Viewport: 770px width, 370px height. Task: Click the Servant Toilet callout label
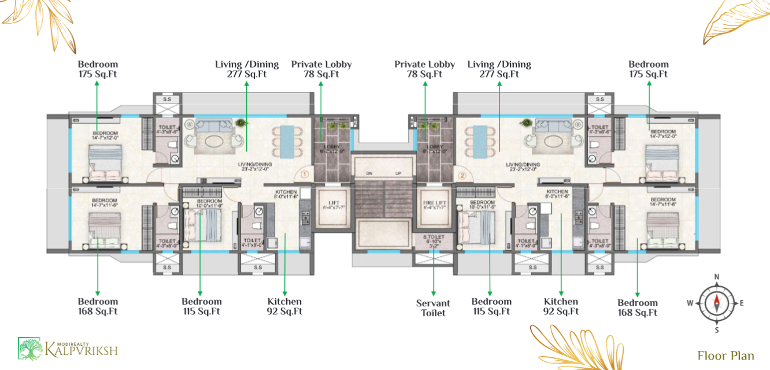tap(433, 308)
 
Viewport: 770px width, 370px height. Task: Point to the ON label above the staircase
tap(369, 173)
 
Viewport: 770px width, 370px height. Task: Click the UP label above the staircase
tap(398, 173)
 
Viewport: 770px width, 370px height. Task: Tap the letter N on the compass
tap(717, 277)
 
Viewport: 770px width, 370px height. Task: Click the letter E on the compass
tap(742, 302)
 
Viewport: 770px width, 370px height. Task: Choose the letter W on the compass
tap(690, 302)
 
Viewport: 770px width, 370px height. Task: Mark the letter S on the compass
tap(717, 330)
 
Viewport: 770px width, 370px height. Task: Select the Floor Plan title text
tap(725, 356)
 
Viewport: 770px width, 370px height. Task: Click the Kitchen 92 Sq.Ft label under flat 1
tap(284, 306)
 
